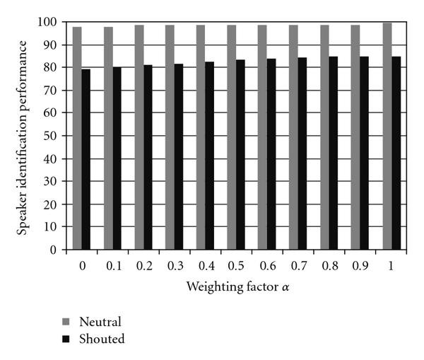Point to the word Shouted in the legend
tap(102, 339)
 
